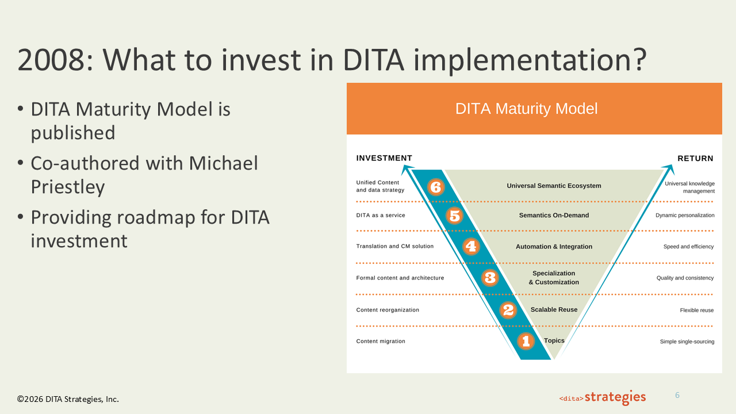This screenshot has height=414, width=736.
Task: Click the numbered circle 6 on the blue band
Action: tap(436, 187)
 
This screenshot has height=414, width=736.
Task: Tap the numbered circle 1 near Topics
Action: tap(526, 341)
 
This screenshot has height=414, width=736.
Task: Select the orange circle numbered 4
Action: tap(471, 247)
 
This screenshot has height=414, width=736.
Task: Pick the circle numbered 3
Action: tap(490, 278)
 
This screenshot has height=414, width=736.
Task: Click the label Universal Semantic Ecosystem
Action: tap(554, 186)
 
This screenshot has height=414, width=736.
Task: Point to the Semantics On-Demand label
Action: tap(554, 215)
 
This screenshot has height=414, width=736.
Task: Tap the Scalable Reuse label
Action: tap(554, 309)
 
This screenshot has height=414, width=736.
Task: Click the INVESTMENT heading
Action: tap(384, 158)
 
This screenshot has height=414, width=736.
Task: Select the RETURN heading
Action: tap(695, 158)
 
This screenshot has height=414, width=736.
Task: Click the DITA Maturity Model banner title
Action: tap(526, 109)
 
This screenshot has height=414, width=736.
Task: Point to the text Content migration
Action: tap(381, 341)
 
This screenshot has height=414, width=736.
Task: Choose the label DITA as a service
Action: tap(381, 215)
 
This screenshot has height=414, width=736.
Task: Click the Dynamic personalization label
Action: tap(685, 215)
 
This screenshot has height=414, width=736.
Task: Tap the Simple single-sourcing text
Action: tap(687, 342)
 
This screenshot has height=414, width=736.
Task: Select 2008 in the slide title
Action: tap(51, 60)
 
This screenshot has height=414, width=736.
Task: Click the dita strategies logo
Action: tap(602, 397)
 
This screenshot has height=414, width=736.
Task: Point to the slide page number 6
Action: tap(677, 395)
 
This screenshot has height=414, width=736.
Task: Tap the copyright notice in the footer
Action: tap(68, 399)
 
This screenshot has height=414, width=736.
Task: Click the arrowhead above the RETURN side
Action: tap(669, 169)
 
